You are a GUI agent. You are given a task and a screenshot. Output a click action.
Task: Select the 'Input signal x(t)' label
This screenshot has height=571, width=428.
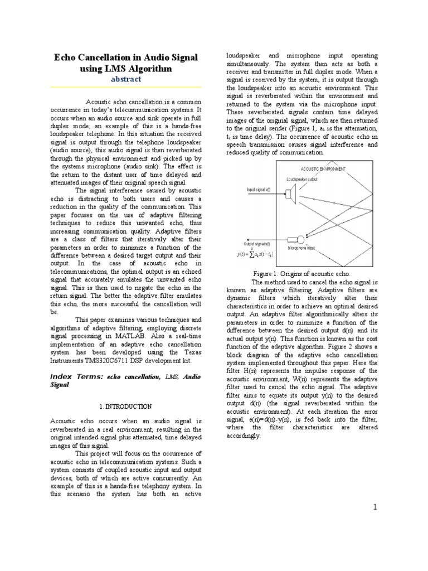point(259,190)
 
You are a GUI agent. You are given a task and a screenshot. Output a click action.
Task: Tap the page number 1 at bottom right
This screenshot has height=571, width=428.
point(376,506)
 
